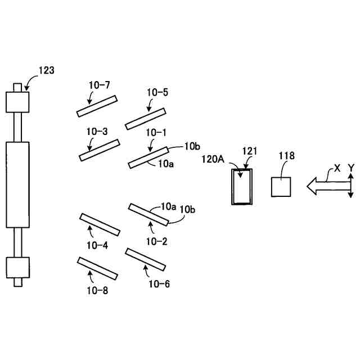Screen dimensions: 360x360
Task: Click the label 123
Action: pos(47,71)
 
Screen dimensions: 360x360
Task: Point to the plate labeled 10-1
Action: pos(149,157)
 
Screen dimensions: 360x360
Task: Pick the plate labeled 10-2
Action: pos(147,214)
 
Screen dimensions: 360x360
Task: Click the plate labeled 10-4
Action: pos(100,224)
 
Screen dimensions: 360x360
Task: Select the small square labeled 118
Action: pos(281,186)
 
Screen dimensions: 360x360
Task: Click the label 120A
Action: pos(213,159)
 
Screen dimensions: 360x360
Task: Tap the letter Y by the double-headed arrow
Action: pos(350,168)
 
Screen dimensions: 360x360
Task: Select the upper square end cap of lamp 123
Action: pos(17,101)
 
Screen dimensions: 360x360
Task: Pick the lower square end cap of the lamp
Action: pos(17,268)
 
